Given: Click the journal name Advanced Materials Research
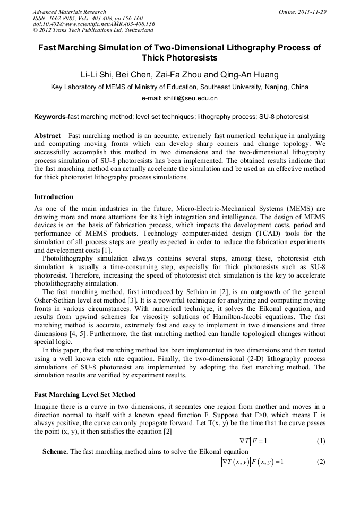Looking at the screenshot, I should click(x=69, y=12).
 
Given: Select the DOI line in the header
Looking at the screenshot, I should click(x=93, y=24).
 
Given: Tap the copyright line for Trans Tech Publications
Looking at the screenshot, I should click(x=93, y=30).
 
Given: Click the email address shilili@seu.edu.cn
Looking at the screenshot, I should click(x=194, y=98).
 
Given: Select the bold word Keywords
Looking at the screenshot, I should click(x=49, y=116).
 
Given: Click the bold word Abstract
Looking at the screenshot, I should click(x=47, y=135).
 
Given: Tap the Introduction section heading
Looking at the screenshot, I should click(x=54, y=196).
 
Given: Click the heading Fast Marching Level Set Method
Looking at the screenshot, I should click(x=84, y=395).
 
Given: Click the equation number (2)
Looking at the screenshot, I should click(x=321, y=462).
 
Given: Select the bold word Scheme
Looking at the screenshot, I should click(x=55, y=452).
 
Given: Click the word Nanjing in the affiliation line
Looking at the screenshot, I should click(x=273, y=87).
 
